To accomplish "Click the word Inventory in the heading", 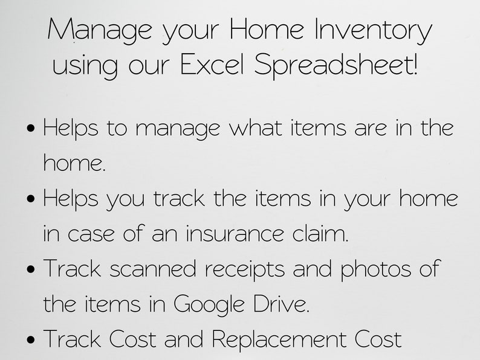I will (x=374, y=30).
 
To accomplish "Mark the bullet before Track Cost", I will (x=32, y=340).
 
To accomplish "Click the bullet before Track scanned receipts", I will (x=32, y=269).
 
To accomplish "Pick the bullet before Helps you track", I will (x=32, y=199).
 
